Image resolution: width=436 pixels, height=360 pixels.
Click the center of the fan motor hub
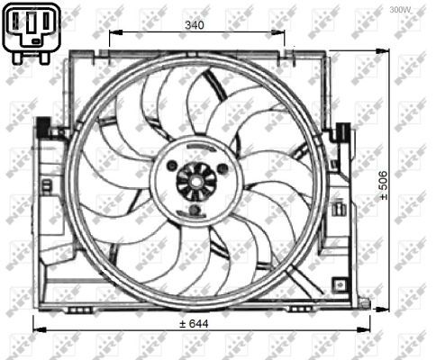pos(194,181)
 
